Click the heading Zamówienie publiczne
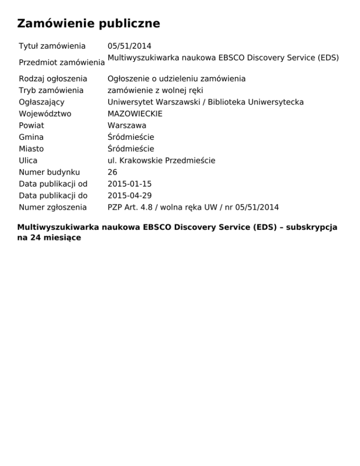(89, 23)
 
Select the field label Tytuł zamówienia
(52, 46)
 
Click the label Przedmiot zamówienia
(61, 62)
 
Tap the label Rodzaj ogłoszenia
(53, 79)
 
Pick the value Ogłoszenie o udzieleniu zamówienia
(176, 79)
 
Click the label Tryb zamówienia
(51, 90)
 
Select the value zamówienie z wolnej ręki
(155, 90)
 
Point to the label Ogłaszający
(42, 102)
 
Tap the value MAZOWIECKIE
(135, 114)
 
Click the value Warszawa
(127, 126)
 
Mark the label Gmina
(31, 137)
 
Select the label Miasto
(31, 149)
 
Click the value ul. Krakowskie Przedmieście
(161, 161)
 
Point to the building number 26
(112, 173)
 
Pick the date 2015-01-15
(129, 184)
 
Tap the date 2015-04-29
(129, 196)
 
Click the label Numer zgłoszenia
(52, 208)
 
